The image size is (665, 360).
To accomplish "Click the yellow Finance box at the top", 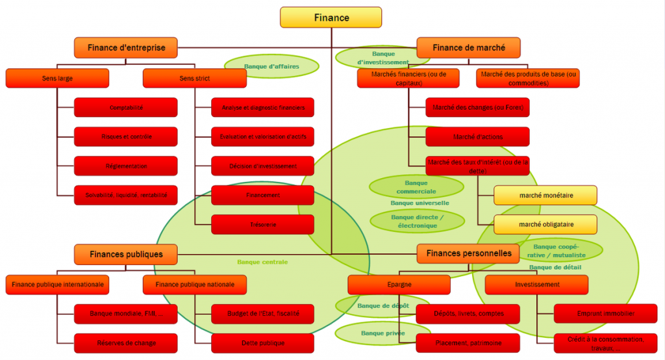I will [x=331, y=18].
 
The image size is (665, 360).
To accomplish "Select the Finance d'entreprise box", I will [x=125, y=47].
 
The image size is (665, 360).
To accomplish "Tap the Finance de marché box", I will [x=468, y=47].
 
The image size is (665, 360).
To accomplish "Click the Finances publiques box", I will [x=126, y=254].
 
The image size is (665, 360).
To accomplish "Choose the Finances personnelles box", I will [x=468, y=253].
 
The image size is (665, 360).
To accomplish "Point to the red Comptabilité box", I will [x=126, y=107].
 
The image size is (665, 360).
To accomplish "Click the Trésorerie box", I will [x=262, y=224].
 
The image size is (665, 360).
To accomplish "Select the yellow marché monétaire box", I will [x=545, y=195].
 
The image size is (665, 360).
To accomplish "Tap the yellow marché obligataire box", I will [x=545, y=224].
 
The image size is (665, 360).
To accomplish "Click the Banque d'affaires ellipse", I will [x=271, y=66].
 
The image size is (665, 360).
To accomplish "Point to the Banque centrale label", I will [x=262, y=262].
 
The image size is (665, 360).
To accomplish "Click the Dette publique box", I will [x=262, y=343].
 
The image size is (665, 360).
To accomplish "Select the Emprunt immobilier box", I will [x=606, y=313].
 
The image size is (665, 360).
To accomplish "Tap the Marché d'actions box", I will [x=477, y=136].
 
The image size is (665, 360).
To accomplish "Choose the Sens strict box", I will [x=194, y=78].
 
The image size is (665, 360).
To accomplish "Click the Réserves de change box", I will [x=126, y=343].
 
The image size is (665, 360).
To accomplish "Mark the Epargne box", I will [x=399, y=284].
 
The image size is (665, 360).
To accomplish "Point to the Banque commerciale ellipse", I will [x=416, y=187].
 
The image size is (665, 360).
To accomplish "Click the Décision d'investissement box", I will [x=262, y=166].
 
